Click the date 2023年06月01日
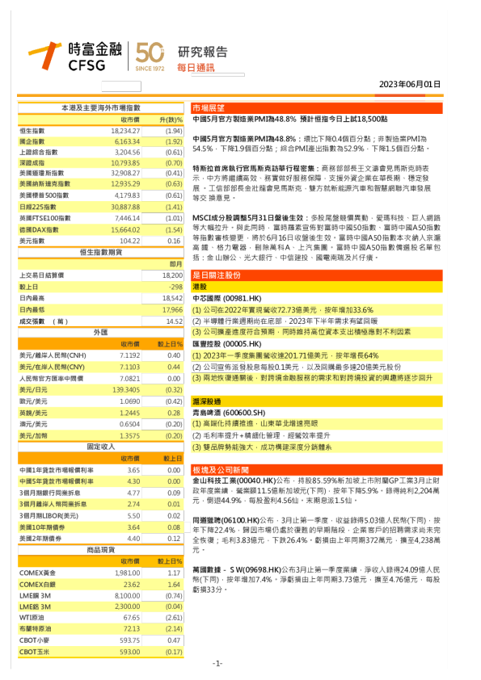(x=411, y=84)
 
